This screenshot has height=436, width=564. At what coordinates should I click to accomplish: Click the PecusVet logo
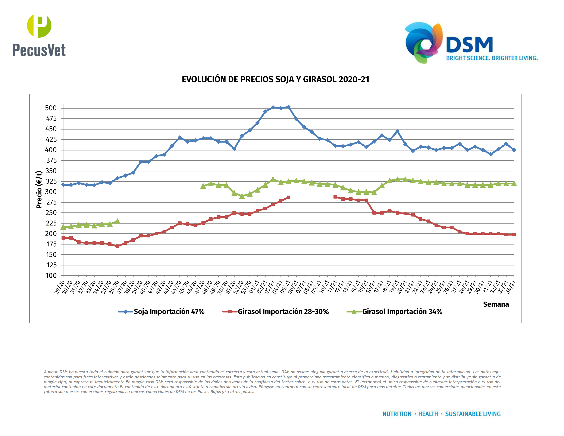[39, 35]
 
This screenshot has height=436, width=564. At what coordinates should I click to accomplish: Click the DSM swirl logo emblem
[423, 43]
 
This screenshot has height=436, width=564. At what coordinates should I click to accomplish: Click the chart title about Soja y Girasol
[275, 79]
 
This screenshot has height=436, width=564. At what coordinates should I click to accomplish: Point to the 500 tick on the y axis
[51, 108]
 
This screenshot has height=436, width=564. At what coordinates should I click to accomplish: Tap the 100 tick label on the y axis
[51, 276]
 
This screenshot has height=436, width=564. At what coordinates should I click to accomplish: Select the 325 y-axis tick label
[51, 181]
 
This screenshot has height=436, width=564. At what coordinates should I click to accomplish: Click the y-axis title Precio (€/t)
[39, 189]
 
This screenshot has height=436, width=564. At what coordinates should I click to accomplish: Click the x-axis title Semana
[496, 304]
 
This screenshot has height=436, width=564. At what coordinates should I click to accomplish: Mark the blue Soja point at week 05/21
[288, 107]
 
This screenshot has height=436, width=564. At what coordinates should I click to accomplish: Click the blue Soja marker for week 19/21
[397, 131]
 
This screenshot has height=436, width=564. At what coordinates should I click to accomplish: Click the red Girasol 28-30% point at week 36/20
[117, 246]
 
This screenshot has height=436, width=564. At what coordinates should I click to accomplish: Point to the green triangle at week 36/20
[117, 221]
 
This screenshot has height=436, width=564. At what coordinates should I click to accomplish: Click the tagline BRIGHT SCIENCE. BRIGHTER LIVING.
[492, 58]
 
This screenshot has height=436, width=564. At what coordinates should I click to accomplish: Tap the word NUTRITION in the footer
[397, 414]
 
